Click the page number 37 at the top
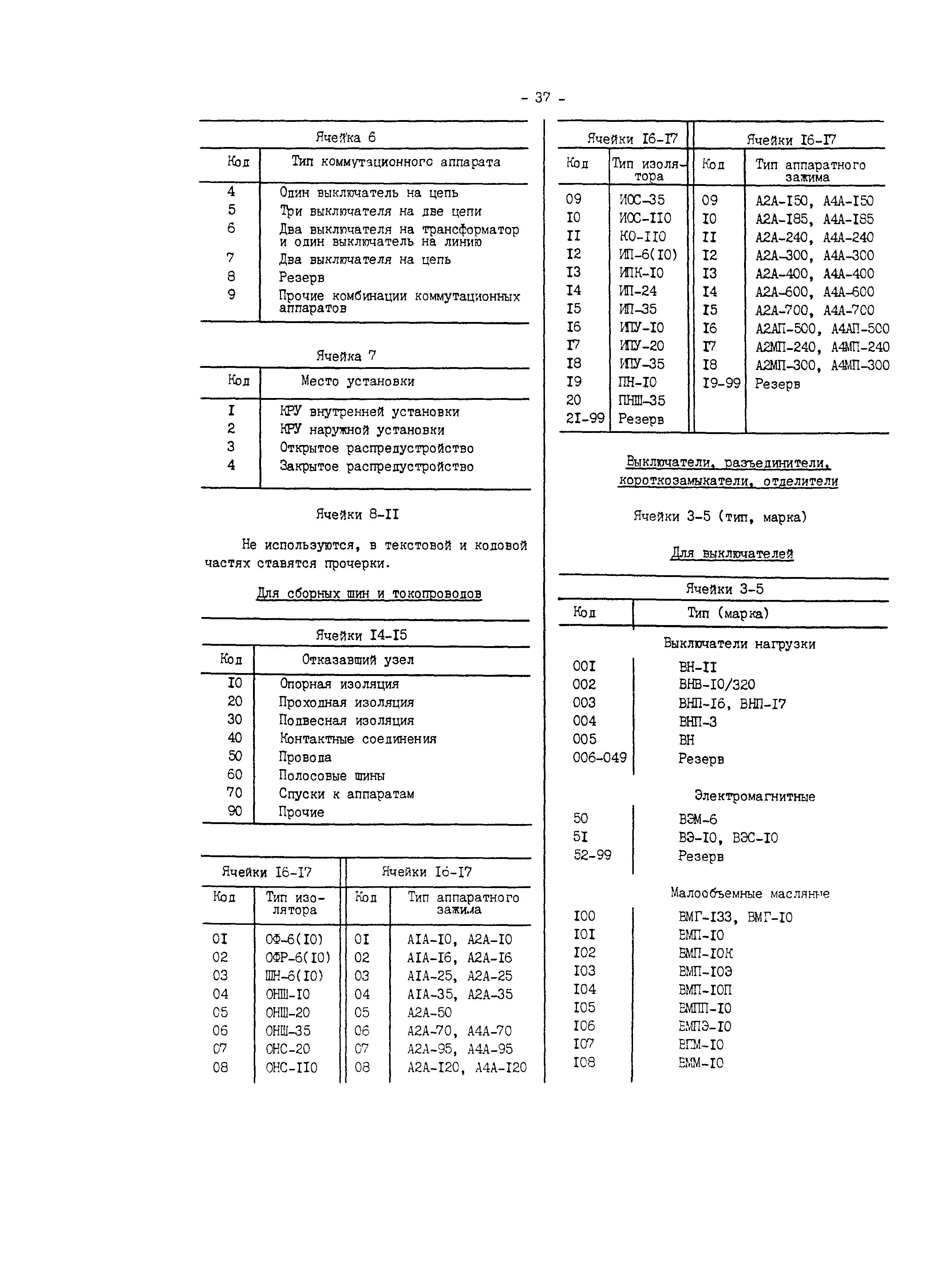[542, 98]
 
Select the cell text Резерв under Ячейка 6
[301, 278]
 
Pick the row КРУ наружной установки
[362, 430]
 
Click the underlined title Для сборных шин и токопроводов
[369, 593]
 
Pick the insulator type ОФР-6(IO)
[297, 958]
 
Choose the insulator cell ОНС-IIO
[291, 1067]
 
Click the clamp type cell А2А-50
[429, 1013]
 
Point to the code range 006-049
[600, 758]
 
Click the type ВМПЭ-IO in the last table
[705, 1026]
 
